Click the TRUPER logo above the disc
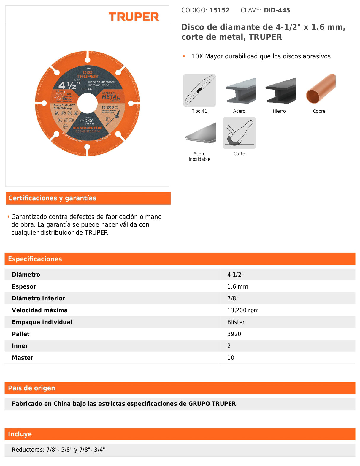click(134, 17)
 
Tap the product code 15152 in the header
click(219, 10)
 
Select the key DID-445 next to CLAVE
click(277, 10)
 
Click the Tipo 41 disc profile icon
click(199, 90)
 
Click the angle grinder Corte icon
click(239, 133)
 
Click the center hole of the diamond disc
click(88, 103)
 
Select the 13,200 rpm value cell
click(243, 310)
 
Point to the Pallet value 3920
click(234, 334)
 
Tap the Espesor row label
click(24, 286)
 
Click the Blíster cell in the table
click(236, 322)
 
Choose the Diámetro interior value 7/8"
click(233, 298)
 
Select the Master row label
click(23, 358)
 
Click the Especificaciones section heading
click(35, 259)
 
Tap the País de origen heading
click(31, 388)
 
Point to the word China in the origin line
click(62, 404)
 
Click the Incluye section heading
click(20, 434)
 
